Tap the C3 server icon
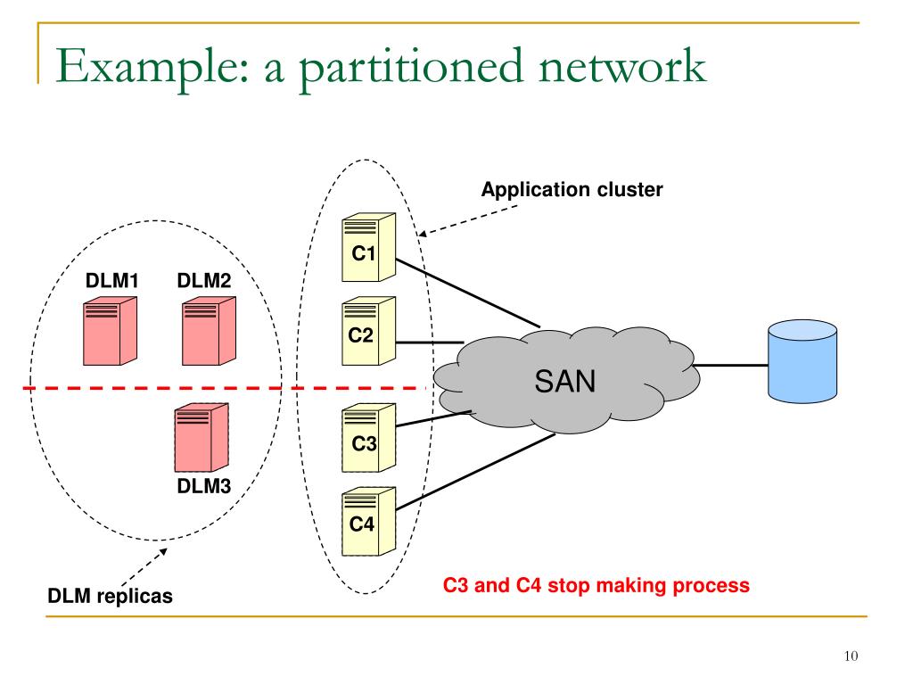[368, 437]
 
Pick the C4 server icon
[368, 519]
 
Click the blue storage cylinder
[802, 362]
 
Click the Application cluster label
[572, 189]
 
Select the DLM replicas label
[110, 596]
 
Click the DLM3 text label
[204, 486]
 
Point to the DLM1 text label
[112, 281]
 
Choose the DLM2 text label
[204, 281]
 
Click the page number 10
[849, 656]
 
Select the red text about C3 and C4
[596, 586]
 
